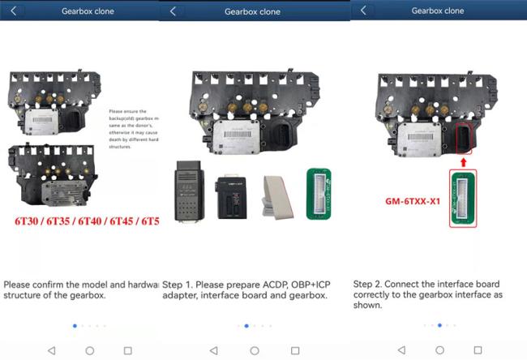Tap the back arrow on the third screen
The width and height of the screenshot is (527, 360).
point(363,11)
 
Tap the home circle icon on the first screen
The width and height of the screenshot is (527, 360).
point(90,350)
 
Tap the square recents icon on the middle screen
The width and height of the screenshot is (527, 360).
point(295,350)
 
